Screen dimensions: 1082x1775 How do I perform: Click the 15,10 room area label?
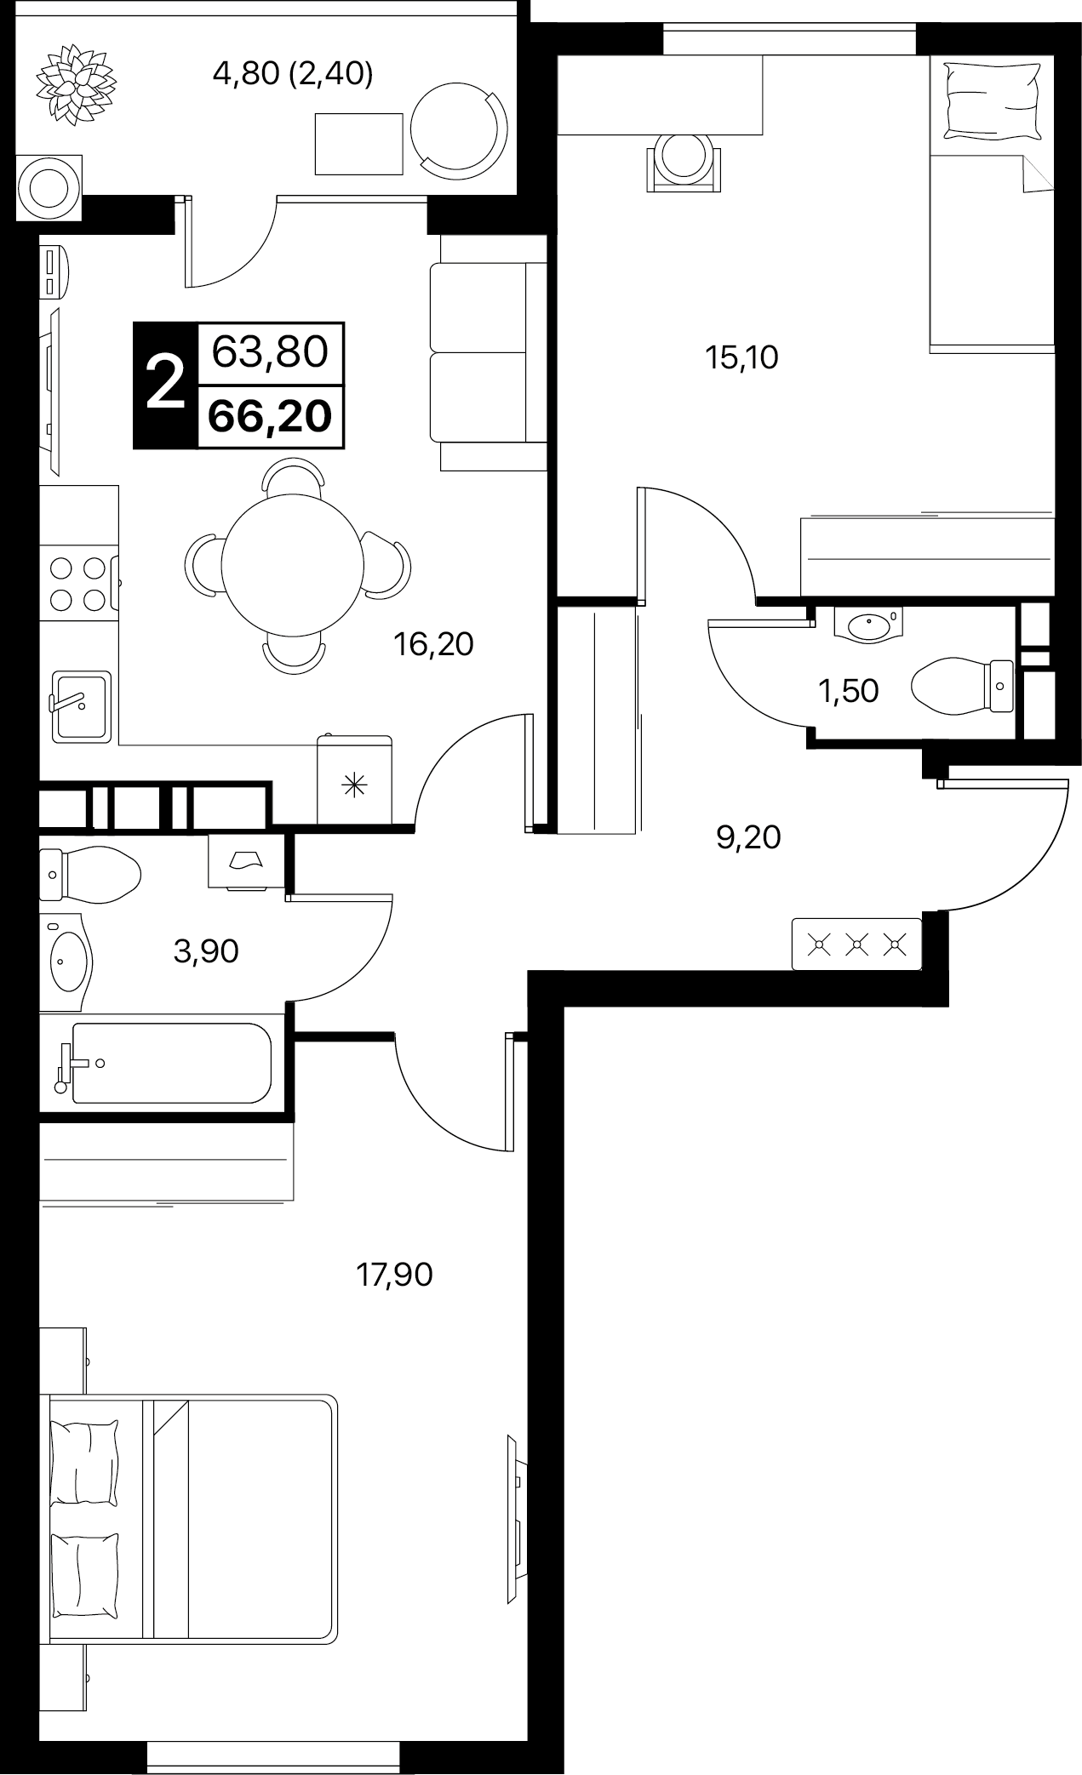pos(741,358)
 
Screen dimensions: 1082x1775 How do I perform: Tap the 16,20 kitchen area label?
pos(433,644)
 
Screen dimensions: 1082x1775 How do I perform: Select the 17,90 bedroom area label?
pos(394,1274)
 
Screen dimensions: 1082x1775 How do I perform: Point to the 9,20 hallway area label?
pos(748,837)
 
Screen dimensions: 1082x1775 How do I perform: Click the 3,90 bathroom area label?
pos(205,950)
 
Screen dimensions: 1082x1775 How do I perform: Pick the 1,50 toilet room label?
pos(848,691)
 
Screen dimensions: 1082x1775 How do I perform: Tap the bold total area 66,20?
pos(270,418)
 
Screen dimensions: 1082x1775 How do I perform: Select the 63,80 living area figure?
pos(270,351)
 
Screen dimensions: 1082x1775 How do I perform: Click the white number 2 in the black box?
pos(165,384)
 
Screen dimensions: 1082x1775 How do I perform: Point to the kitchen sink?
pos(80,704)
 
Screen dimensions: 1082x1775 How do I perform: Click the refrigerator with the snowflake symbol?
pos(355,780)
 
